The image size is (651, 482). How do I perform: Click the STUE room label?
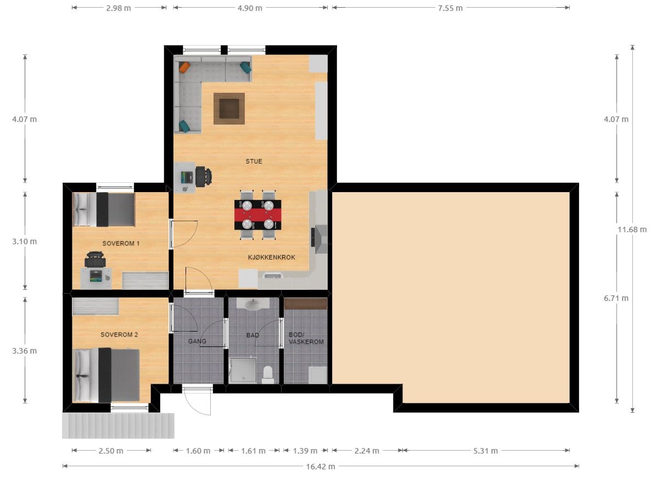pos(254,161)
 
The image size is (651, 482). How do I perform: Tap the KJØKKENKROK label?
pos(272,257)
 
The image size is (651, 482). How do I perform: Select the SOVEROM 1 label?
pos(121,243)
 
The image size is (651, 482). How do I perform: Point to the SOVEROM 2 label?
pos(119,334)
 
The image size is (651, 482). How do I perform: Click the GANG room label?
pos(197,341)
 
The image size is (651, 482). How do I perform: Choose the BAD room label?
pos(252,335)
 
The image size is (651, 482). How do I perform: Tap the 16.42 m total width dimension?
pos(321,466)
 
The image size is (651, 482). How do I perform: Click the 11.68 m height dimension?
pos(632,229)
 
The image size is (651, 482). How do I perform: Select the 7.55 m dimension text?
pos(451,8)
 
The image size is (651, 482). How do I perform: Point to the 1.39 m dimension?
pos(305,451)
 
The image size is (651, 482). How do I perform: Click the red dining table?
pos(258,215)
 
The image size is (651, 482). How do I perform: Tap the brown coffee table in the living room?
pos(229,108)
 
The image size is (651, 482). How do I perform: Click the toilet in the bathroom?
pos(268,374)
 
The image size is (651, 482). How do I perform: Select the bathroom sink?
pos(252,304)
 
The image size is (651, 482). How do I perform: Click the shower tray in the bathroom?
pos(243,371)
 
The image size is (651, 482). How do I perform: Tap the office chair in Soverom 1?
pos(95,260)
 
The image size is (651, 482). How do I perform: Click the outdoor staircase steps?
pos(119,425)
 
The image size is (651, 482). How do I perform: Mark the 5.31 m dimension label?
pos(485,451)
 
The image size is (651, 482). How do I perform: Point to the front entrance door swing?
pos(197,401)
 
